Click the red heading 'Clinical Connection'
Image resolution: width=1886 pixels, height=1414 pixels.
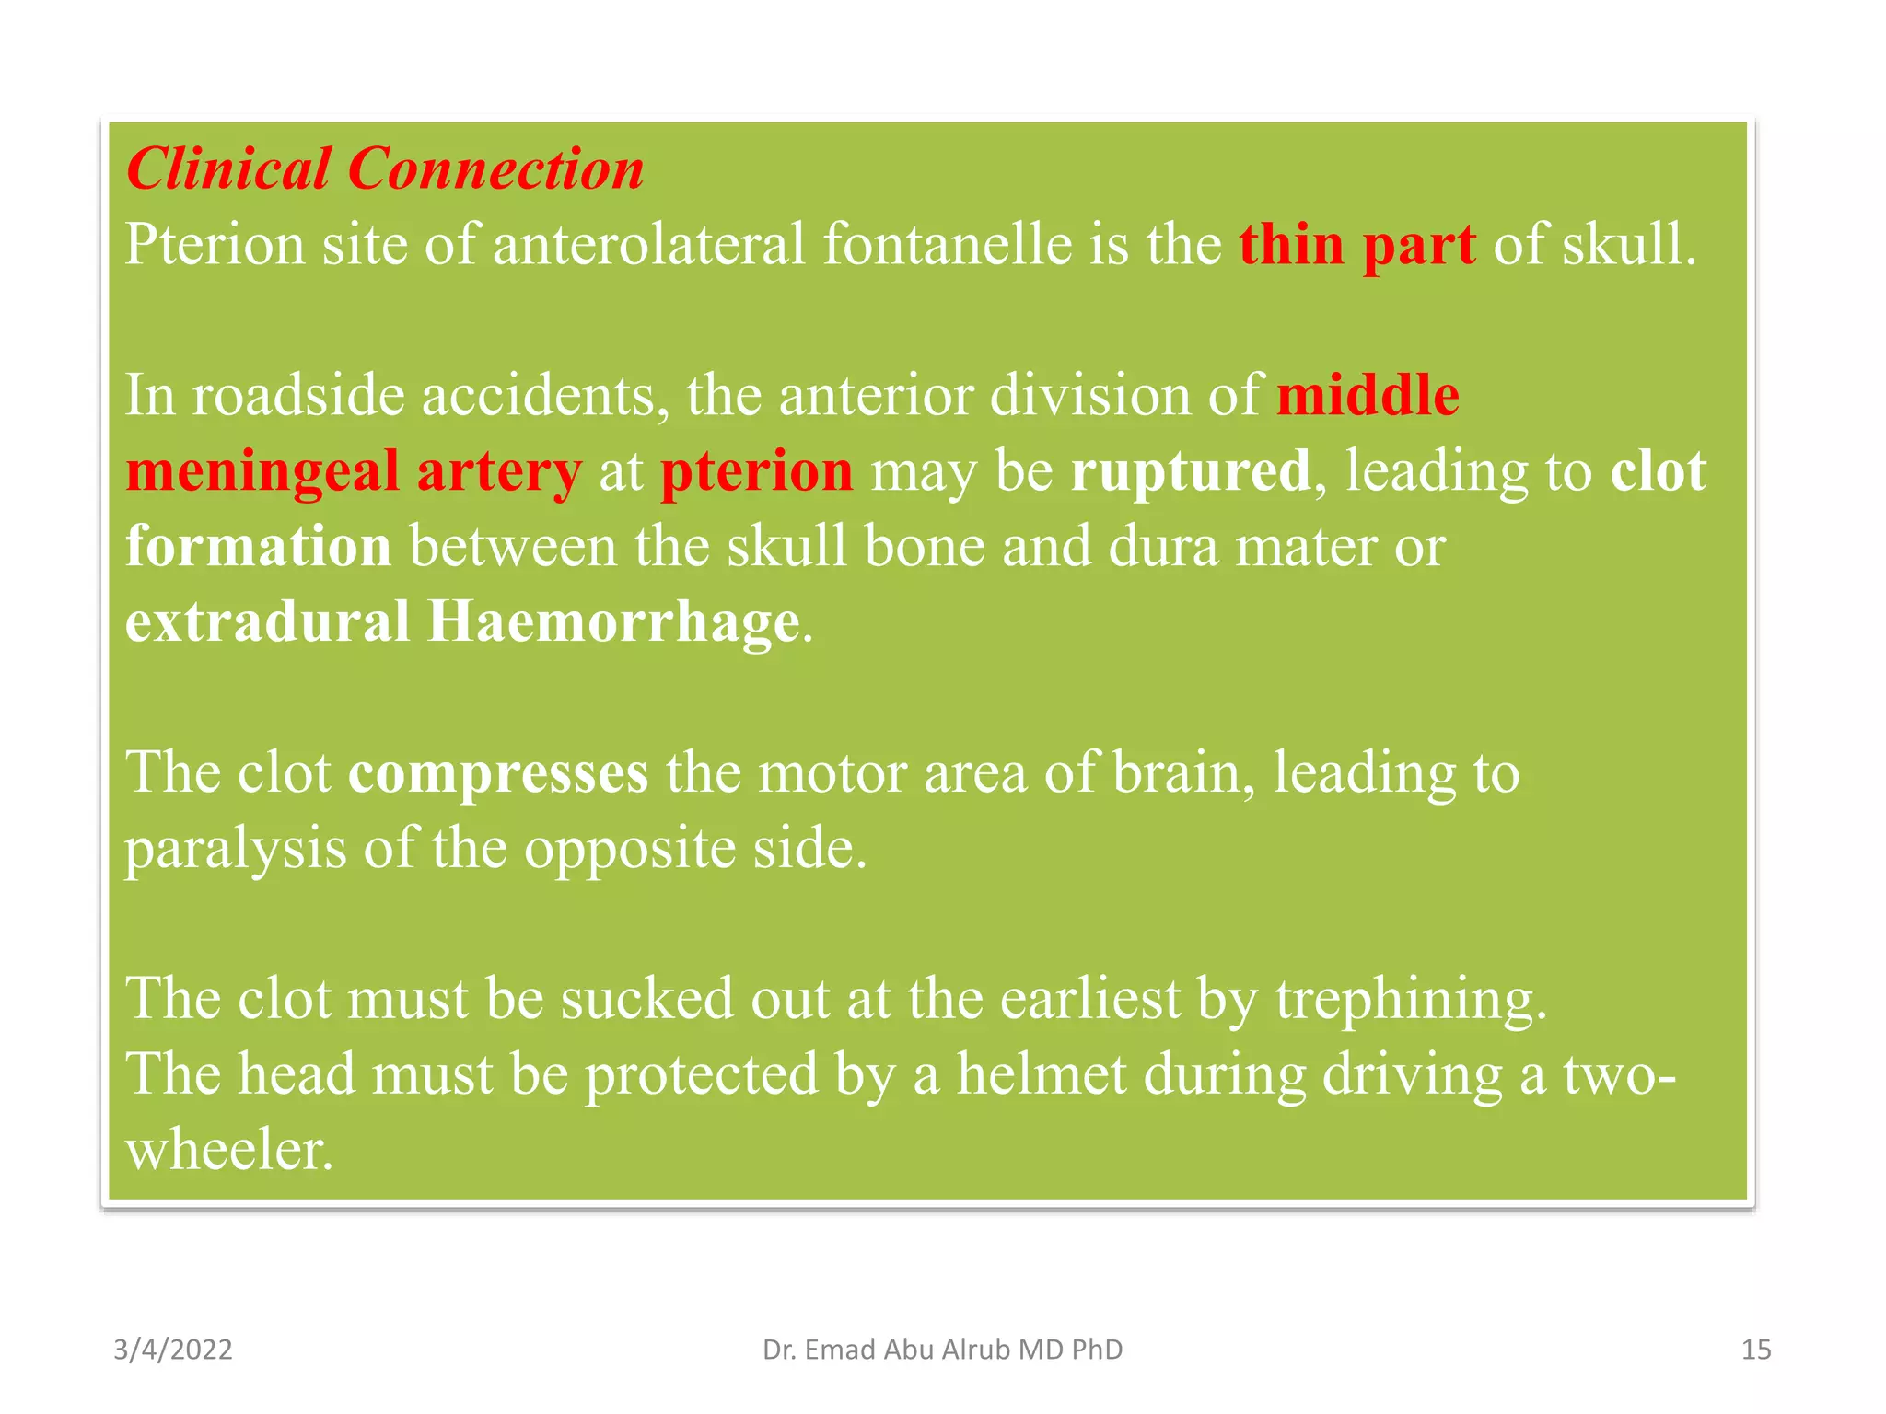[x=385, y=169]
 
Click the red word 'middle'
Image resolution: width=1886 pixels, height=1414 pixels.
[x=1368, y=396]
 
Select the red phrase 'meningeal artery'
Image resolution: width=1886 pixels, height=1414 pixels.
[x=354, y=471]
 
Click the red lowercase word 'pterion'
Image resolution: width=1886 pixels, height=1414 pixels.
[x=756, y=473]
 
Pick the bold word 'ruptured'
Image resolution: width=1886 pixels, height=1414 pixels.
[x=1190, y=471]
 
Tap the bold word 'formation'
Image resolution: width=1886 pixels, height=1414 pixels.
[x=259, y=547]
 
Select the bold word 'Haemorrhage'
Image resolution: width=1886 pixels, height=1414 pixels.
[x=613, y=622]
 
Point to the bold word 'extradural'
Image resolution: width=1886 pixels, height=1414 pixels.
[x=267, y=622]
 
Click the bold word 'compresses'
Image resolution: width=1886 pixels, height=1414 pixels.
[x=498, y=773]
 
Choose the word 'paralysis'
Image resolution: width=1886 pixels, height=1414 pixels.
[x=236, y=849]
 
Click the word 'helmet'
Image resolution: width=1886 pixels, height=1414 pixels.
[x=1042, y=1075]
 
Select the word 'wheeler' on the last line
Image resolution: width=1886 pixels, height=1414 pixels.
[x=228, y=1151]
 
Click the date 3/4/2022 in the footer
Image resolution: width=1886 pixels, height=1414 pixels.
[x=173, y=1350]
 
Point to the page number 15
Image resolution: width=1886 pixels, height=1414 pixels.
[x=1756, y=1350]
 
